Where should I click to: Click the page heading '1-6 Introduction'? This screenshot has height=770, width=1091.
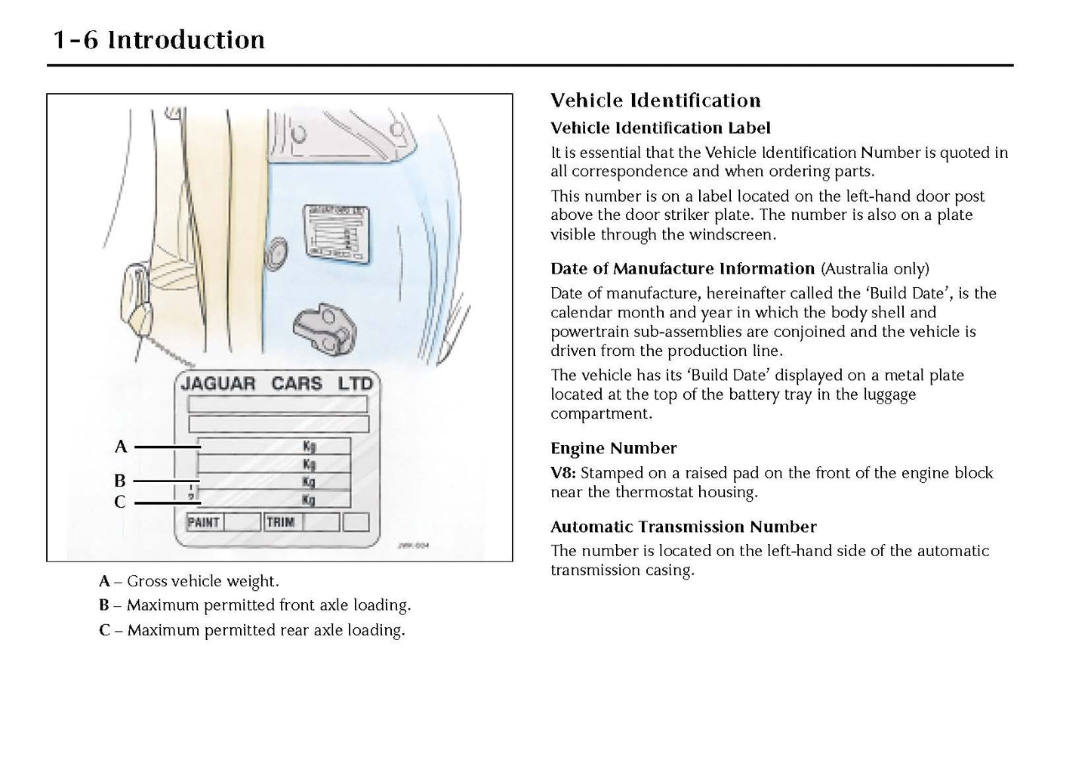point(159,40)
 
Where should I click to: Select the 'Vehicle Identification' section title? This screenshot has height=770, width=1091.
point(655,101)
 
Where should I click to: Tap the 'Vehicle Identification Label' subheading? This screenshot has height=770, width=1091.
point(660,128)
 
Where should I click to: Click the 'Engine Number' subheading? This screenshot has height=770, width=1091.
point(613,448)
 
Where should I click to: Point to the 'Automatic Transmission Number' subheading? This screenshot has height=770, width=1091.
point(683,527)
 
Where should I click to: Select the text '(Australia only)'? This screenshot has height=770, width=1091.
point(875,269)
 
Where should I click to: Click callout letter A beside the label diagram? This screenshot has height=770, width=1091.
point(121,447)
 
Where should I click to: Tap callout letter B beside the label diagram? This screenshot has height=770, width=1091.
point(120,481)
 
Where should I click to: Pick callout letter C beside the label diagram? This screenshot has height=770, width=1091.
point(120,502)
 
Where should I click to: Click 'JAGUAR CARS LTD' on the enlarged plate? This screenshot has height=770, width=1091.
point(276,383)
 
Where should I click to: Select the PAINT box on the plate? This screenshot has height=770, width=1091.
point(203,522)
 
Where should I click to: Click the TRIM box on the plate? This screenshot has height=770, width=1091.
point(280,522)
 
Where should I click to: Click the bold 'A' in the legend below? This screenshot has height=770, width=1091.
point(104,581)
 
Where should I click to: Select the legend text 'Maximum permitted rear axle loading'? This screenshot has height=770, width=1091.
point(266,630)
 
